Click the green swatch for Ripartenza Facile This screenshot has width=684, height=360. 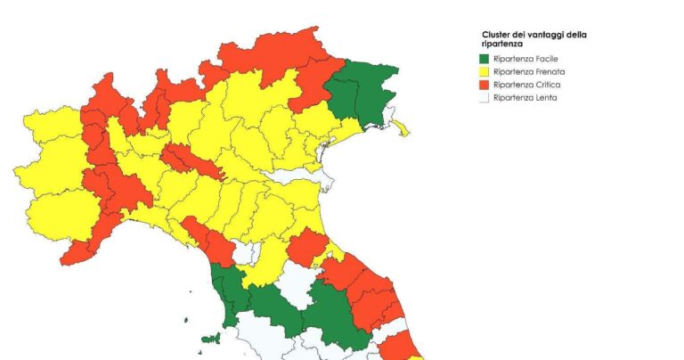[485, 58]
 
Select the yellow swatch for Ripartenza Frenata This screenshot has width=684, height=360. [485, 71]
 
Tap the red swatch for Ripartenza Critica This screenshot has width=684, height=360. [485, 85]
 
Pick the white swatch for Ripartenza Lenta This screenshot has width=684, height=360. [485, 98]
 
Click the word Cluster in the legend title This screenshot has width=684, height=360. [496, 35]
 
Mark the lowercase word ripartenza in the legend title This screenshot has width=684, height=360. [501, 44]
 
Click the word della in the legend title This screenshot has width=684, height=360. [577, 35]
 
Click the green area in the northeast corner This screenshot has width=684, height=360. [361, 94]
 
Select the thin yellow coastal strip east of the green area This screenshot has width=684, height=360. [401, 127]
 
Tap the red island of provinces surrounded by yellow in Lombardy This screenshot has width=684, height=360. [191, 160]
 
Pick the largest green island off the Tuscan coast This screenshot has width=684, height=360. [211, 339]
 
